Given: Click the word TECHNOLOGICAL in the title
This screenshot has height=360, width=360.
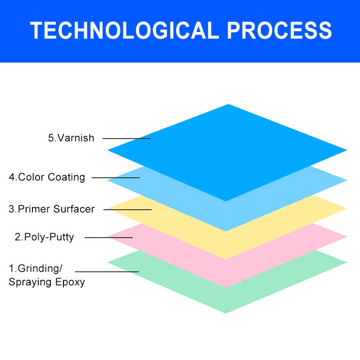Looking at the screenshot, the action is tap(125, 30).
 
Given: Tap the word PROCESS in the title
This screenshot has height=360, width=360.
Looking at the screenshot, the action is tap(279, 30).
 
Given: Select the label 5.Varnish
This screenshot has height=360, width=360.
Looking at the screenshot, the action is tap(71, 138).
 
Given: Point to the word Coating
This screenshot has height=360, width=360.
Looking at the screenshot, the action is tap(66, 178).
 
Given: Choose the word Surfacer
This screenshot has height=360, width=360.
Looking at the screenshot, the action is tap(74, 209).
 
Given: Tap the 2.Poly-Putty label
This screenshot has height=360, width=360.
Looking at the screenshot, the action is tap(44, 237).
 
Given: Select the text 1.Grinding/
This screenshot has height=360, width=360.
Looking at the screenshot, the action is tap(36, 268).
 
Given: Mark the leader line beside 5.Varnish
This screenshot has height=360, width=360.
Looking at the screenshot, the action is tap(126, 139).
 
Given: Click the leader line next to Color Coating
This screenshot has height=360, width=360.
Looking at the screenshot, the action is tap(116, 178).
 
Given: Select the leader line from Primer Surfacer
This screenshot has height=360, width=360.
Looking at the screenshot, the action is tap(127, 210).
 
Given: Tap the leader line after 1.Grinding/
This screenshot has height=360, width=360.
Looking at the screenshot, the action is tap(107, 272).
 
